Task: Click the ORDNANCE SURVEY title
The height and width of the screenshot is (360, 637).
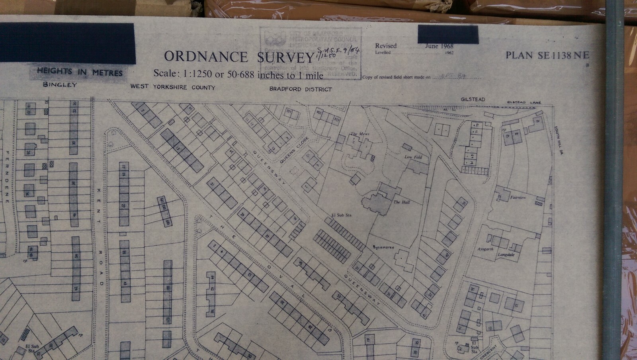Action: pos(239,57)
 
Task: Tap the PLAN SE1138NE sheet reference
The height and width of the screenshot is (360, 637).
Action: pos(547,55)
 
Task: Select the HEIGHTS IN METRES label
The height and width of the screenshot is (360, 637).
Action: pos(80,72)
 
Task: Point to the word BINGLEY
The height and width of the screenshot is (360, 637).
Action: pos(60,85)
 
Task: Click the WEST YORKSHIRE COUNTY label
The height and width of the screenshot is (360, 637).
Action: pos(173,87)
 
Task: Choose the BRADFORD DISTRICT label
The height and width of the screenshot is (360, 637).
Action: pos(300,89)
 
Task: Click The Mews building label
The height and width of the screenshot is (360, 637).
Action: pos(360,134)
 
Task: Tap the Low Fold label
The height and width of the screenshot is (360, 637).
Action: pos(413,157)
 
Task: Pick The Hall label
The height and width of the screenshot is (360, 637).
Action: pos(401,202)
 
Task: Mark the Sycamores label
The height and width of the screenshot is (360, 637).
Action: pos(383,247)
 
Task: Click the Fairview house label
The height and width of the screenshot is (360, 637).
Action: pos(518,198)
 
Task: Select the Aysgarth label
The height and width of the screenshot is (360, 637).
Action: pos(485,249)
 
